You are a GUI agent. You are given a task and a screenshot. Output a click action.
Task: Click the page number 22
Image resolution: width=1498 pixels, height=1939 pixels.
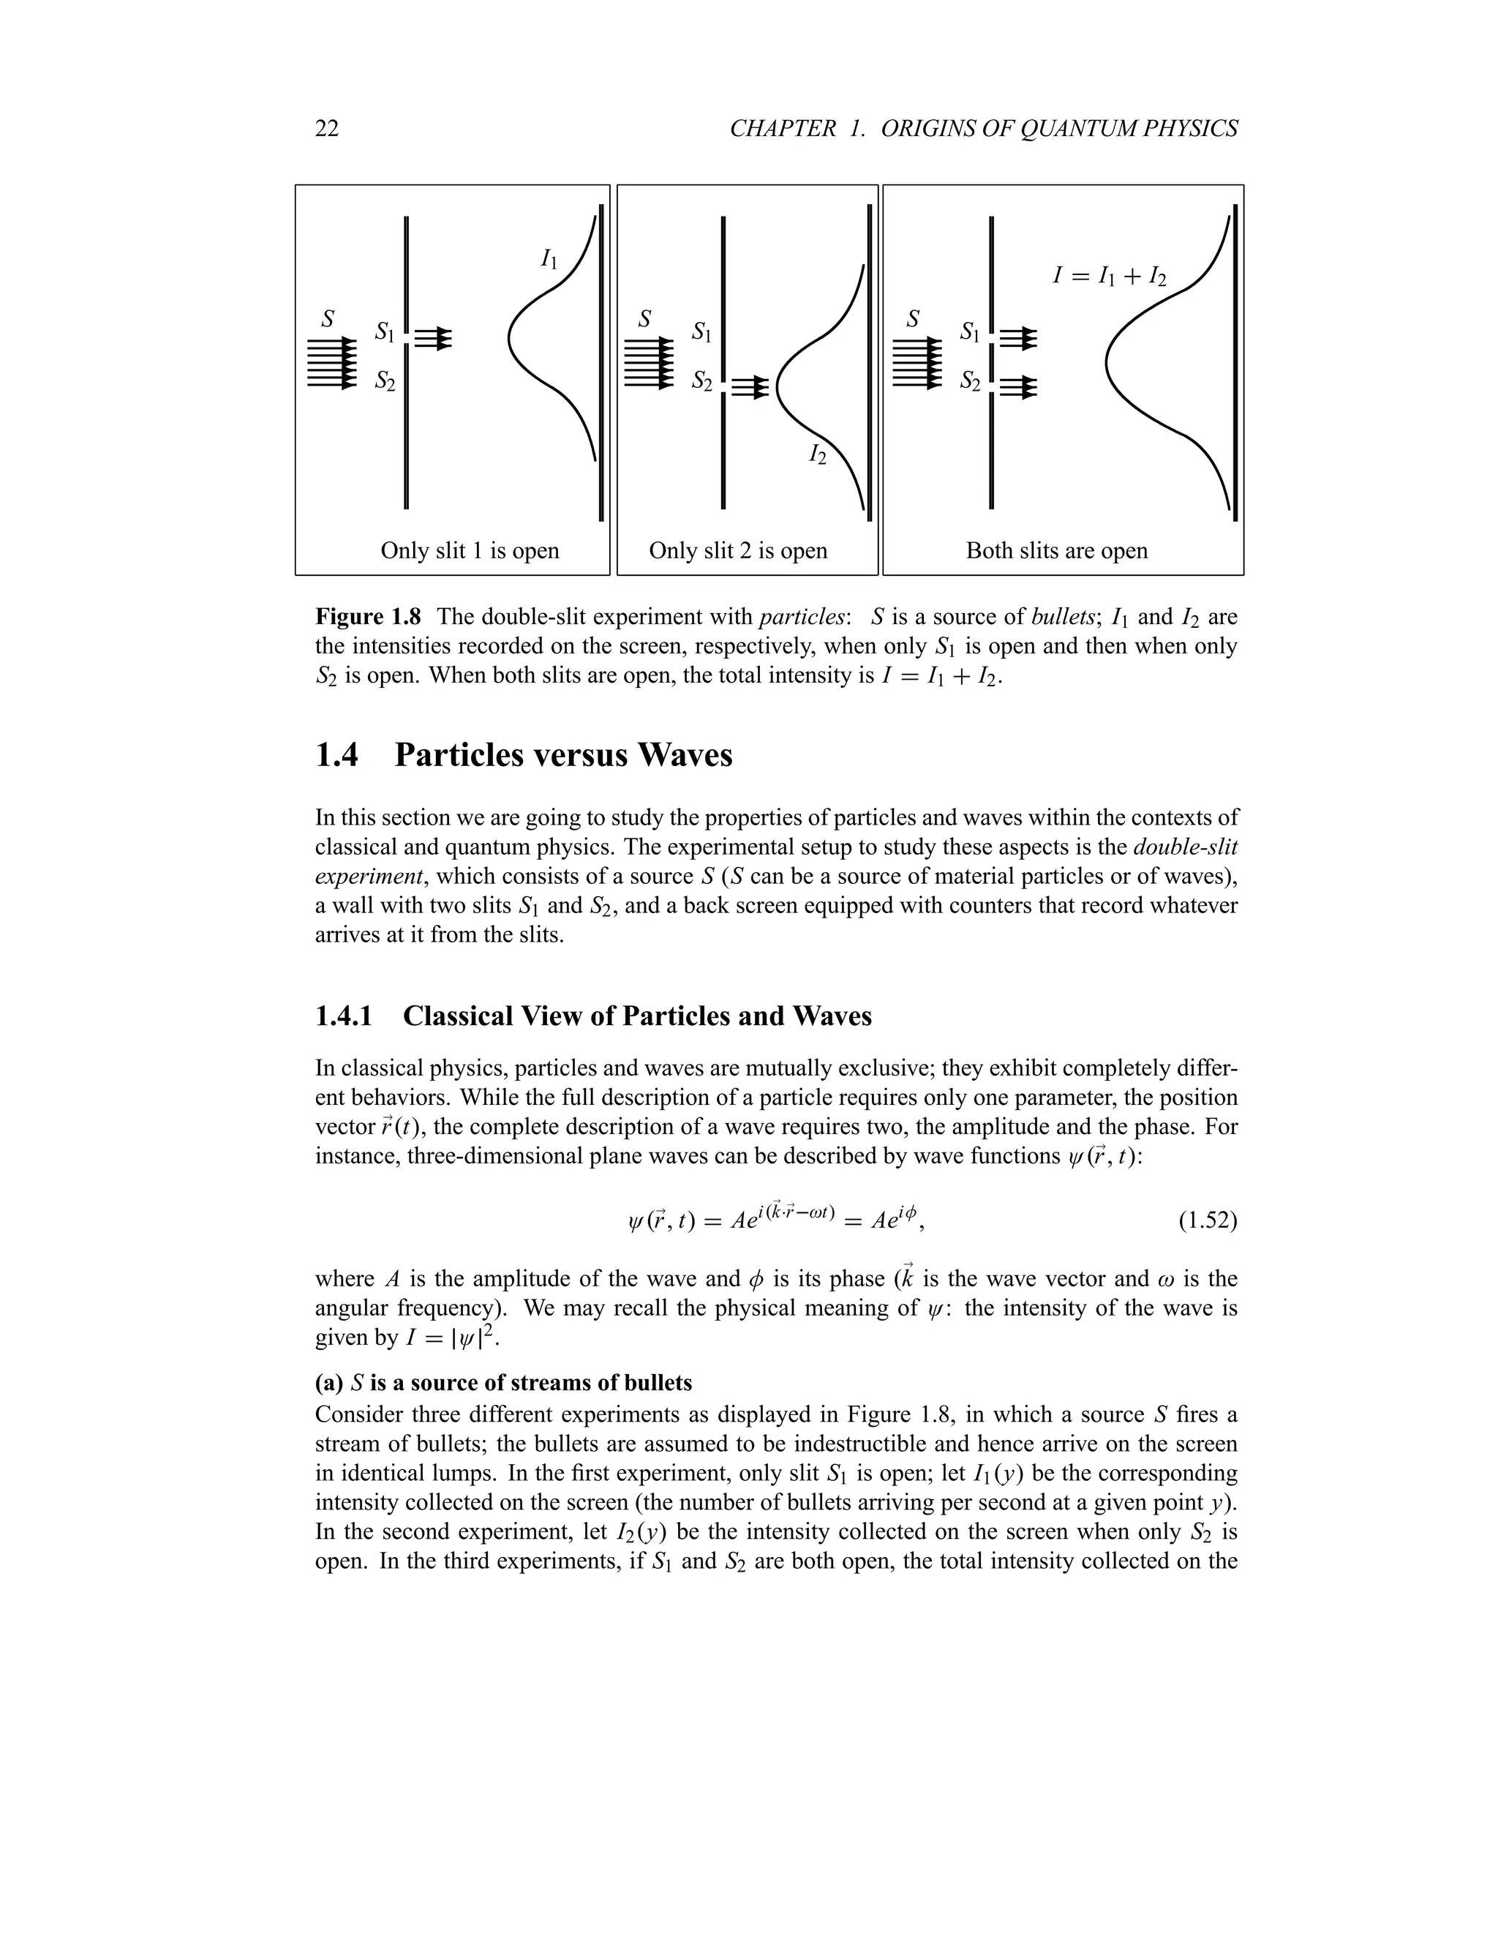coord(326,130)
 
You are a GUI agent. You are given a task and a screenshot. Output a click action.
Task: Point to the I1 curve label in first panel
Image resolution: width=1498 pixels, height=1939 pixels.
coord(549,259)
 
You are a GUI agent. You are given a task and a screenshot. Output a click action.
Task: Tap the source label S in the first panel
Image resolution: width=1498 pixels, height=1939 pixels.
coord(328,318)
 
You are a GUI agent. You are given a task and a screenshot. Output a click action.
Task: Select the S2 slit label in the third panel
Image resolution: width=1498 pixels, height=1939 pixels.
coord(970,382)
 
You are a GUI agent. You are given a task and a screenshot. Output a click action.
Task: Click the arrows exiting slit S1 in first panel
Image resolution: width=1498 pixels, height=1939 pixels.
coord(434,338)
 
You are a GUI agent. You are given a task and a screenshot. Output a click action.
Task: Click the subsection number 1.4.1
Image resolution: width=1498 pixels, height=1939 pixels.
coord(345,1016)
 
